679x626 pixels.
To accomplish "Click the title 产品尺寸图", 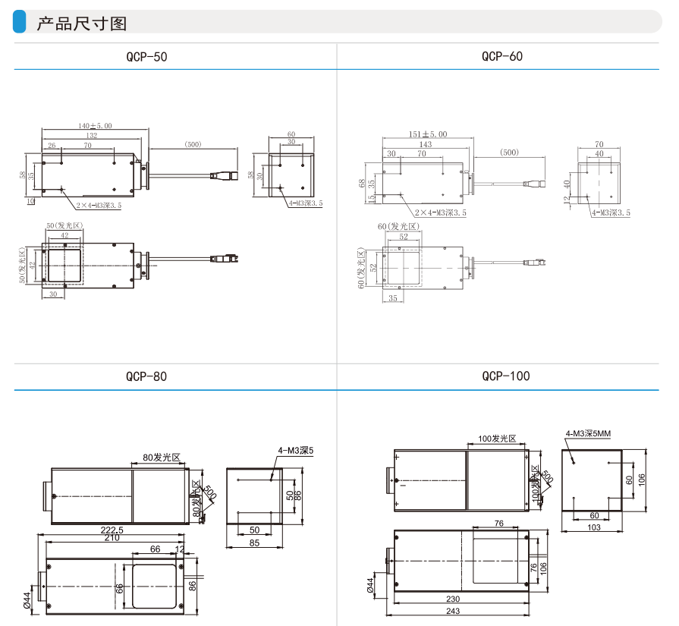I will (x=81, y=24).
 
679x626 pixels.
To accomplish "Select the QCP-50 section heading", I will (x=146, y=56).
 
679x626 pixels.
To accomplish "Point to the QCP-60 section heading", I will (x=501, y=56).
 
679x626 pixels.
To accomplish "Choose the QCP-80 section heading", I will (x=146, y=376).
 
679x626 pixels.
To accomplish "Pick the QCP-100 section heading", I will (x=505, y=376).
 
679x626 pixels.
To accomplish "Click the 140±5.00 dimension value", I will (x=95, y=126).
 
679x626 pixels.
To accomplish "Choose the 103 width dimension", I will (x=593, y=527).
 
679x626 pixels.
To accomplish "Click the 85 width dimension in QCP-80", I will (x=254, y=542).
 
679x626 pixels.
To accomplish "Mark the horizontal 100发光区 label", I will (x=497, y=439).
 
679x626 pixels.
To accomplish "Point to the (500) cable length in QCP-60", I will (x=509, y=153).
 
